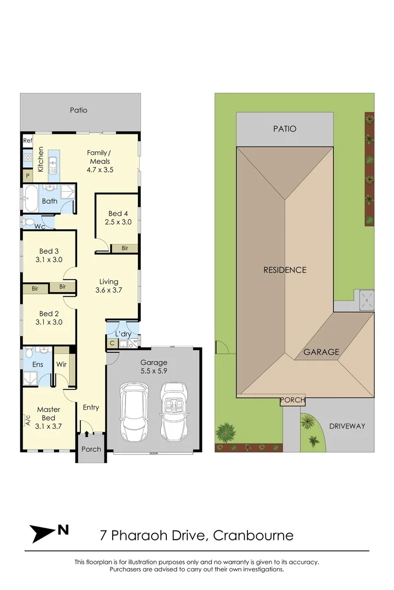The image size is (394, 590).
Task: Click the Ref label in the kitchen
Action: pyautogui.click(x=27, y=141)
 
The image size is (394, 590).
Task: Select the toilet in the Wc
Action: pyautogui.click(x=28, y=223)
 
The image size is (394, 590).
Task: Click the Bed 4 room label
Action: pyautogui.click(x=115, y=214)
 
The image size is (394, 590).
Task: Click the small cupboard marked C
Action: pyautogui.click(x=112, y=344)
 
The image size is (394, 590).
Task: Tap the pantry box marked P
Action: pyautogui.click(x=27, y=176)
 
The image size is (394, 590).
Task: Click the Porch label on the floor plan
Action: pyautogui.click(x=91, y=449)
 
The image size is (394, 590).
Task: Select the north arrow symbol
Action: pyautogui.click(x=49, y=532)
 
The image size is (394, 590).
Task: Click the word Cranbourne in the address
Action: pyautogui.click(x=253, y=535)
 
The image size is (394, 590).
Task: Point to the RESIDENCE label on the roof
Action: pyautogui.click(x=285, y=270)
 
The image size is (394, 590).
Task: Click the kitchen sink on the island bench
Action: pyautogui.click(x=53, y=163)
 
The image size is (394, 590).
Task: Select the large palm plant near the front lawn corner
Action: pyautogui.click(x=225, y=432)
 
